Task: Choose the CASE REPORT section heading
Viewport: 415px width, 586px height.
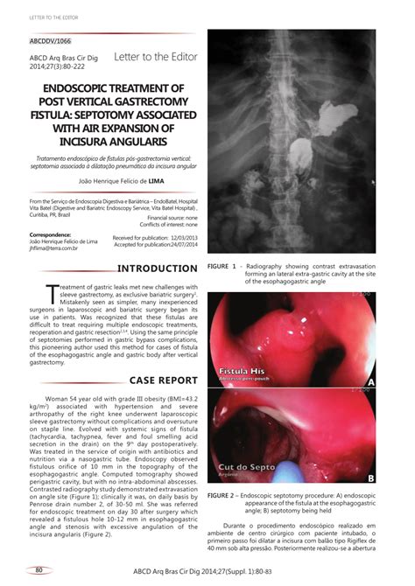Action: (164, 380)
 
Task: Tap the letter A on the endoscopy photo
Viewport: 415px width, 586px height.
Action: (370, 381)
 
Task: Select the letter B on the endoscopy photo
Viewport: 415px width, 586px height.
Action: (370, 478)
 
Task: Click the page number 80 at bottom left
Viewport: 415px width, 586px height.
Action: (38, 570)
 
